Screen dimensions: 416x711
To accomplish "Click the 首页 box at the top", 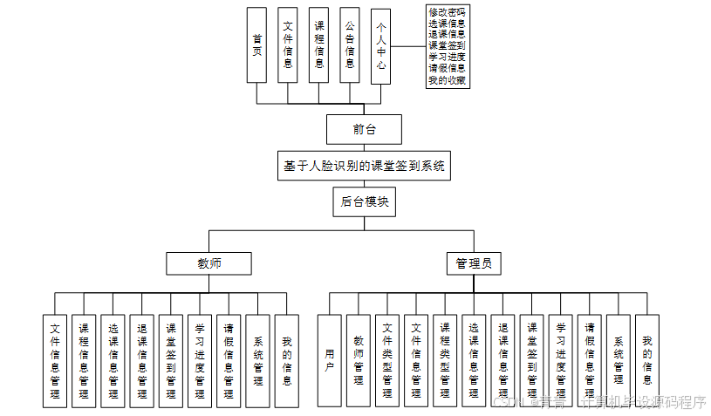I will (x=256, y=45).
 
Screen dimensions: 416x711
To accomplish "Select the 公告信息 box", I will (x=350, y=45).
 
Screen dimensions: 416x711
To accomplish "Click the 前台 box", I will (x=364, y=129).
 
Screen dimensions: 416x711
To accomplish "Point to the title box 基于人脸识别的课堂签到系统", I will (x=364, y=166).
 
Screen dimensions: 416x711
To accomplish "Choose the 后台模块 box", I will (x=364, y=201).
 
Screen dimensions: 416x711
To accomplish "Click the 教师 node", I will (x=209, y=263).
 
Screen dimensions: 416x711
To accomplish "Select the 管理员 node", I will (x=474, y=263).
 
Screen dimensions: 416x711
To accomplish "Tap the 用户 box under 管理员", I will (x=329, y=360).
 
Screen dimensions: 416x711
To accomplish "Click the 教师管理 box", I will (x=358, y=360).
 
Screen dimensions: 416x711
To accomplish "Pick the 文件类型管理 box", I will (x=387, y=360).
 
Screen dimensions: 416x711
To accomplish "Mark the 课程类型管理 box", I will (x=445, y=360).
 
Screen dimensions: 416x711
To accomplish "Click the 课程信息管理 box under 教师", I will (x=84, y=360).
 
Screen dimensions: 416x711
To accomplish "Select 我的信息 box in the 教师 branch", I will (x=287, y=360).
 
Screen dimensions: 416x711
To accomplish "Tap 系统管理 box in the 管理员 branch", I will (x=618, y=360).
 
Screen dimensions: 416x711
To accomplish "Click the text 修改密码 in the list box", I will (x=446, y=12).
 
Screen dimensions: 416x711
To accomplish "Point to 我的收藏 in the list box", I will (x=446, y=80).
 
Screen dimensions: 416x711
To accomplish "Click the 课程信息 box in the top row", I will (x=319, y=45).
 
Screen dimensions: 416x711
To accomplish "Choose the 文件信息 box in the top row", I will (x=288, y=45).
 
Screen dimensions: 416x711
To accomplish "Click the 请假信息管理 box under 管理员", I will (x=589, y=360).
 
